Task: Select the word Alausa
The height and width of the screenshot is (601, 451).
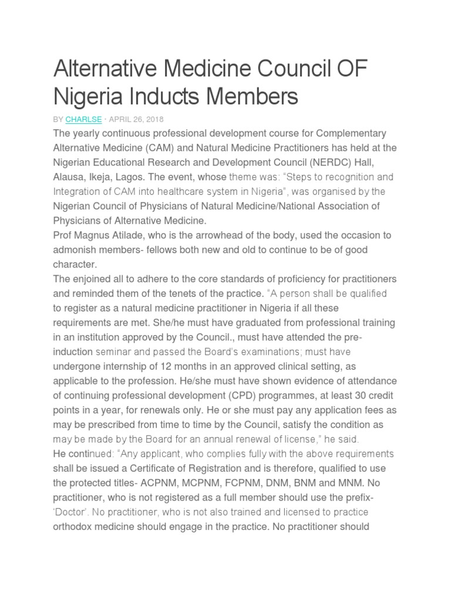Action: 69,177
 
